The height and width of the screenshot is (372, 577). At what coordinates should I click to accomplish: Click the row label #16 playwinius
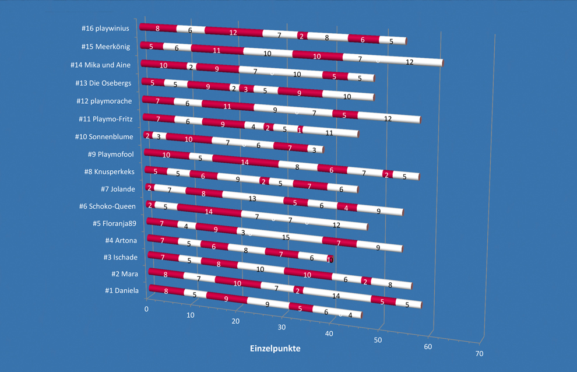click(x=105, y=28)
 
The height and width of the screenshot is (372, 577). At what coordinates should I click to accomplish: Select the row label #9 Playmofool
click(x=110, y=155)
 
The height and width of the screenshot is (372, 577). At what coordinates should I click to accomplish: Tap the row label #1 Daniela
click(x=122, y=290)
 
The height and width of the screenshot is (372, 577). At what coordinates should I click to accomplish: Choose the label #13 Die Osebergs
click(x=103, y=83)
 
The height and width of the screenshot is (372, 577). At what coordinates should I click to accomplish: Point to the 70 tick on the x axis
click(x=479, y=353)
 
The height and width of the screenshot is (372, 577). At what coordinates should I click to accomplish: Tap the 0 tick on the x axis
click(x=147, y=308)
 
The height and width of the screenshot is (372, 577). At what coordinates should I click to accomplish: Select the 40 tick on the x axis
click(x=330, y=334)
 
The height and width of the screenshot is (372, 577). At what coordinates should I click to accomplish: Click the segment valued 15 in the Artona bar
click(x=286, y=237)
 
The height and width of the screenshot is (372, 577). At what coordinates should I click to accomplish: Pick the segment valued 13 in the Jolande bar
click(x=252, y=198)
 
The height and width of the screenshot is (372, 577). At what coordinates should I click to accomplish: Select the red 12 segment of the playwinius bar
click(x=233, y=33)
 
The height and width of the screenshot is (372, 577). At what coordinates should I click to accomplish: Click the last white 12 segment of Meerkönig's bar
click(x=410, y=62)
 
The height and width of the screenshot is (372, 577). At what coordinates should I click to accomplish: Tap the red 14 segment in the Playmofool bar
click(x=245, y=162)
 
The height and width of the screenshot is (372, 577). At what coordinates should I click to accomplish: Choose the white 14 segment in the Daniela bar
click(x=336, y=296)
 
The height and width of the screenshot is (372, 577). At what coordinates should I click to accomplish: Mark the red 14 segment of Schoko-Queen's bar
click(x=209, y=212)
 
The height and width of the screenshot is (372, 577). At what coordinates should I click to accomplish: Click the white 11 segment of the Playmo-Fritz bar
click(x=329, y=133)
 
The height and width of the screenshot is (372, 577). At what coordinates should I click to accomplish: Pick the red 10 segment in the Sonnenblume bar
click(x=189, y=139)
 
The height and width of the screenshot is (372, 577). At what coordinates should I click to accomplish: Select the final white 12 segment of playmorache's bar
click(x=388, y=118)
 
